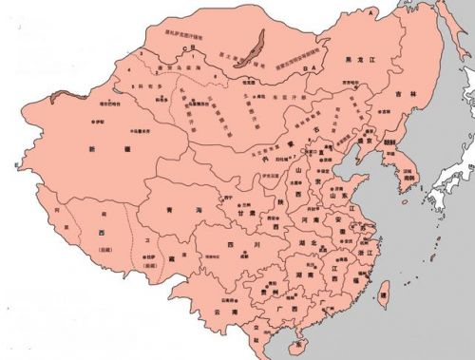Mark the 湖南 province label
click(294, 275)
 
